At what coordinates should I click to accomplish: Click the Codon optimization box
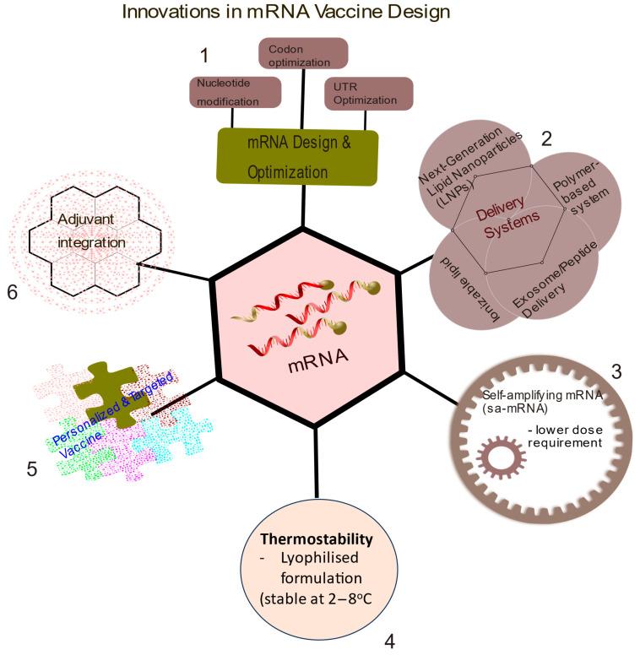tap(303, 53)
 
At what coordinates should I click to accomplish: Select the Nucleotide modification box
tap(236, 92)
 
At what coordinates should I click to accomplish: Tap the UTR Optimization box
tap(369, 94)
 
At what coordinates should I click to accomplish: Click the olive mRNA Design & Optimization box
tap(297, 157)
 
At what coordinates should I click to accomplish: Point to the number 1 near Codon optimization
tap(204, 56)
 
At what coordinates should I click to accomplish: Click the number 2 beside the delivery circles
tap(546, 138)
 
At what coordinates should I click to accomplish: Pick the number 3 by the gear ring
tap(616, 371)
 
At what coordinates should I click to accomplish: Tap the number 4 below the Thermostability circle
tap(389, 641)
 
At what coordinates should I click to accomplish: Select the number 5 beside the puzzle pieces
tap(32, 469)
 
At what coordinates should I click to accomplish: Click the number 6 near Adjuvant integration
tap(13, 292)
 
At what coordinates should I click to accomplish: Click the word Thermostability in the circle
tap(317, 539)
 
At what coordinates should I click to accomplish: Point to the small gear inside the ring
tap(502, 457)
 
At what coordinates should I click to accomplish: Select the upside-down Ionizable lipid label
tap(470, 290)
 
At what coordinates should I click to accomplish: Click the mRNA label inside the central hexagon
tap(318, 360)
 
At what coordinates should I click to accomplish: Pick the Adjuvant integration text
tap(91, 230)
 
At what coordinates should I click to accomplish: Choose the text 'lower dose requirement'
tap(565, 436)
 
